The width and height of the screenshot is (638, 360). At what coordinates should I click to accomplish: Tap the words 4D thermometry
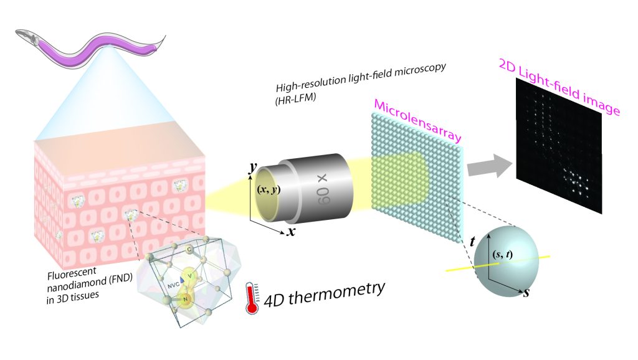323,290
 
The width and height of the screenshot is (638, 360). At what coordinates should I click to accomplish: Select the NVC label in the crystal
170,280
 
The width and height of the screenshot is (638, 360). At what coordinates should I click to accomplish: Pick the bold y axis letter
252,168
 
